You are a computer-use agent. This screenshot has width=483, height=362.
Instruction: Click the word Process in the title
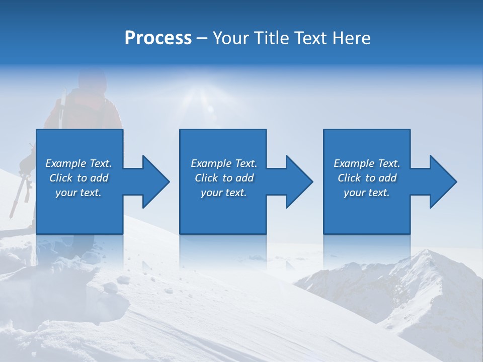[x=158, y=38]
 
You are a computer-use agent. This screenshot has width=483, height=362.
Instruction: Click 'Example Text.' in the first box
[x=78, y=163]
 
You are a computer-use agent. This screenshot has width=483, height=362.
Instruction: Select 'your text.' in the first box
[x=78, y=193]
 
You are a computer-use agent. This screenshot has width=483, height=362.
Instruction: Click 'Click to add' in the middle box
[x=224, y=178]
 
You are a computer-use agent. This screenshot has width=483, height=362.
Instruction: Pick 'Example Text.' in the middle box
[x=224, y=163]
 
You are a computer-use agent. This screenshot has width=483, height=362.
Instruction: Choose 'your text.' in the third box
[x=367, y=193]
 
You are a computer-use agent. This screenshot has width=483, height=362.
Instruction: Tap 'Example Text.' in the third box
[x=367, y=163]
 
